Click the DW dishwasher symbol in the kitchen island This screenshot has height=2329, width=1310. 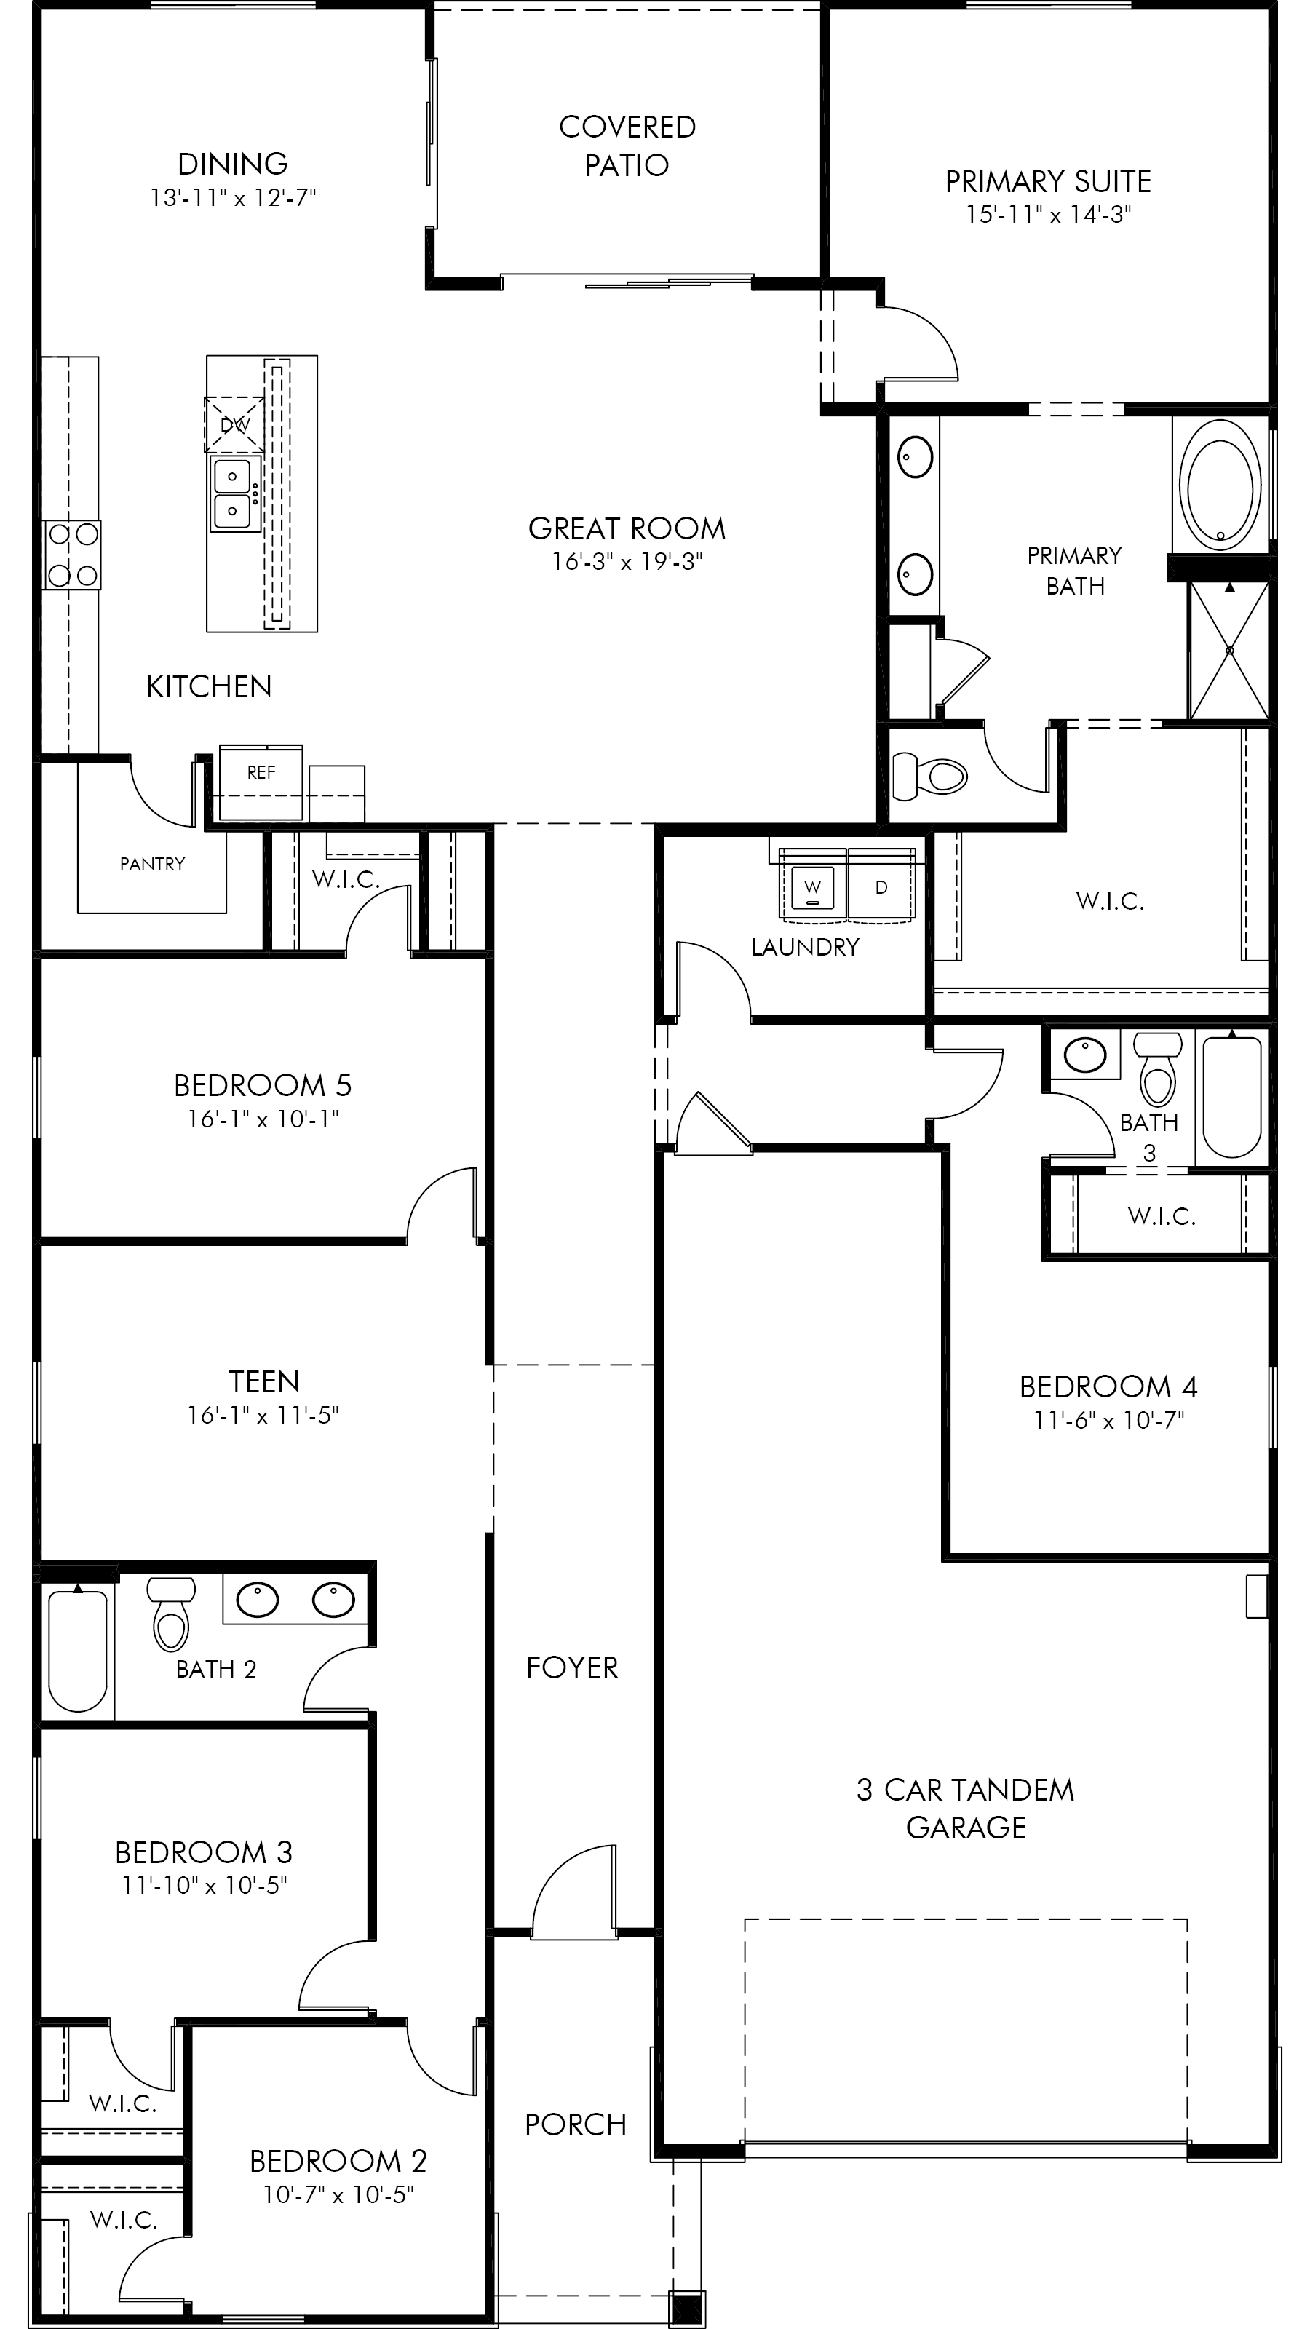(x=234, y=424)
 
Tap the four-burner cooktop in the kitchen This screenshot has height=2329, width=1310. (x=72, y=554)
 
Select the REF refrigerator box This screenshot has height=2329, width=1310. (x=261, y=783)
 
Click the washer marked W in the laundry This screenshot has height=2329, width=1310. (x=813, y=888)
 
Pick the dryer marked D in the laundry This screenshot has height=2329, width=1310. (x=881, y=888)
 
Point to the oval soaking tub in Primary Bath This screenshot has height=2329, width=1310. (x=1223, y=493)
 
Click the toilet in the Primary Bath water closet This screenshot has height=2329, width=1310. (x=929, y=775)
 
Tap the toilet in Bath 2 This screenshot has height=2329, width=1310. (x=171, y=1614)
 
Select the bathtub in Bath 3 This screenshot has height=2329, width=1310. (x=1231, y=1096)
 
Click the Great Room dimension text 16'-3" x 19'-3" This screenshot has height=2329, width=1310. (x=627, y=563)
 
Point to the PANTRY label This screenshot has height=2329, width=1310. (x=152, y=865)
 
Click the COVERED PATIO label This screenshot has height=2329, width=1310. (x=627, y=146)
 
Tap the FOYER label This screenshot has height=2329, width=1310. (x=572, y=1668)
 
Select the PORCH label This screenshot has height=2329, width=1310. (x=576, y=2124)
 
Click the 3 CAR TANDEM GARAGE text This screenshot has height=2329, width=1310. (x=966, y=1808)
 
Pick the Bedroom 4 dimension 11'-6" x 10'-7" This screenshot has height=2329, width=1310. (x=1109, y=1421)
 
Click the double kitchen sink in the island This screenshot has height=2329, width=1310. (x=233, y=493)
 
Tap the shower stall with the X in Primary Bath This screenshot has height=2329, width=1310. (x=1229, y=651)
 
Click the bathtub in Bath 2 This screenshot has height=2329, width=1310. (x=78, y=1650)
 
